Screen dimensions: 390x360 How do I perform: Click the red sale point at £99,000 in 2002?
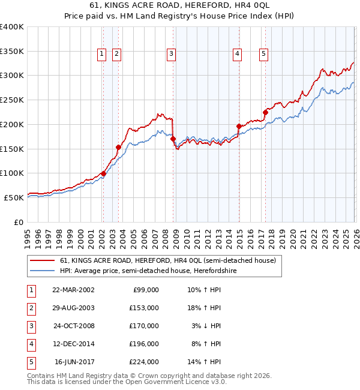[x=103, y=174]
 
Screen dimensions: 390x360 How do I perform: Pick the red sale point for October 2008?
[x=173, y=139]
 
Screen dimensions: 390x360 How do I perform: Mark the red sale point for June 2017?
[x=265, y=112]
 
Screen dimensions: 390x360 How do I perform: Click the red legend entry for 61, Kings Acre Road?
[x=167, y=260]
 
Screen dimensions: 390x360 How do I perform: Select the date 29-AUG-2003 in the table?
[x=73, y=308]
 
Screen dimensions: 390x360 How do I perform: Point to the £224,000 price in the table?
[x=143, y=362]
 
